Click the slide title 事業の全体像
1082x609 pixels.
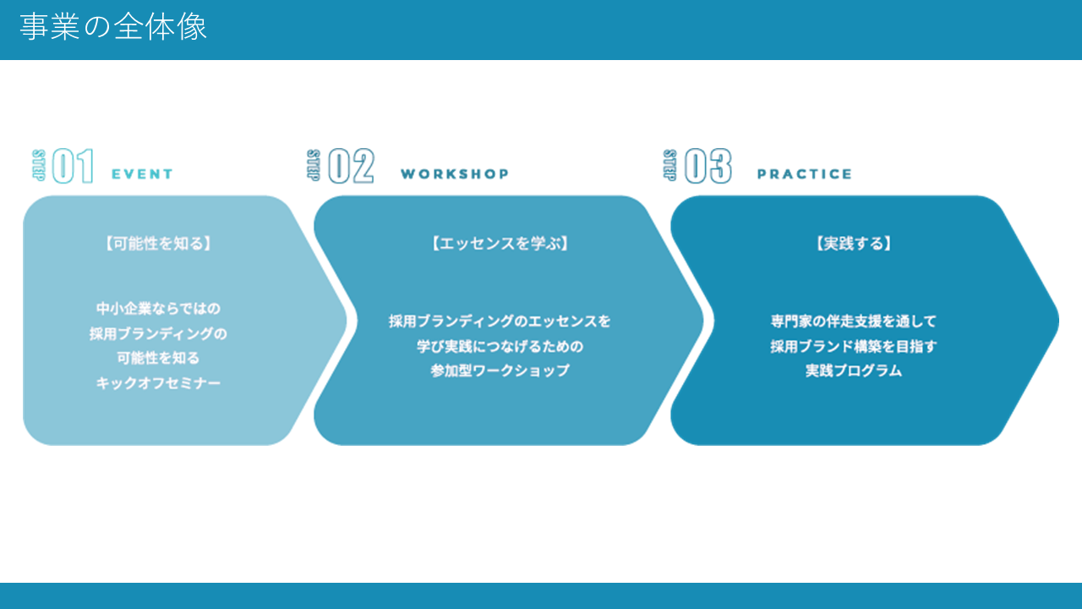pos(113,27)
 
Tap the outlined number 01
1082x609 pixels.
pos(73,166)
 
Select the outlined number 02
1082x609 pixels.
pos(351,166)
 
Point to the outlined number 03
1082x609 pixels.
pos(708,166)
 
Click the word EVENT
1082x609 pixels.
pos(143,174)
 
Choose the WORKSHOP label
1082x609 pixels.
pos(455,174)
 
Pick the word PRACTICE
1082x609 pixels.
pos(805,174)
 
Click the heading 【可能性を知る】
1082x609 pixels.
pos(158,244)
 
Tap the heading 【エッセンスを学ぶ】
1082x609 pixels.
pos(500,244)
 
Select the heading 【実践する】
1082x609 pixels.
pos(854,244)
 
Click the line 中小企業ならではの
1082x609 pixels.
pos(158,309)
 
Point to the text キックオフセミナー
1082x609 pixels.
pos(158,383)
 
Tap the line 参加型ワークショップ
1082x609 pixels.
pos(500,370)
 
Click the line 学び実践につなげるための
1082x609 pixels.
pos(500,346)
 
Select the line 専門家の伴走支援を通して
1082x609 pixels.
pos(854,321)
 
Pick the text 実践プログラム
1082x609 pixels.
pos(854,370)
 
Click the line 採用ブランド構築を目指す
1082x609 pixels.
pos(854,346)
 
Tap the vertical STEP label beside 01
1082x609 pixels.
pos(39,166)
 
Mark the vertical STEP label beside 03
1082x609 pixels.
pos(670,166)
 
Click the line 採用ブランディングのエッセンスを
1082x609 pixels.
pos(500,321)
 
